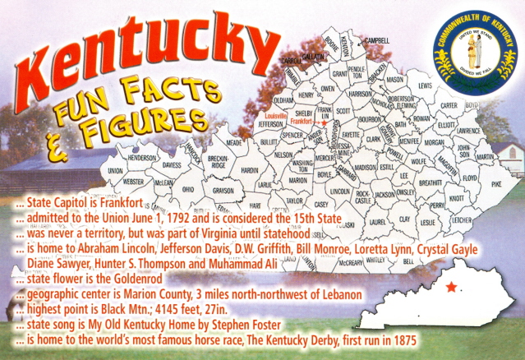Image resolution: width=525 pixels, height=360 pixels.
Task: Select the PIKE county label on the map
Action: click(495, 185)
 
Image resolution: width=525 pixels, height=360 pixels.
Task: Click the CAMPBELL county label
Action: click(377, 39)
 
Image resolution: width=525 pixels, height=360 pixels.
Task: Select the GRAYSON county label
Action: click(200, 190)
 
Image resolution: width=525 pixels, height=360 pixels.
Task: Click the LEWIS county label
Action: click(425, 85)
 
